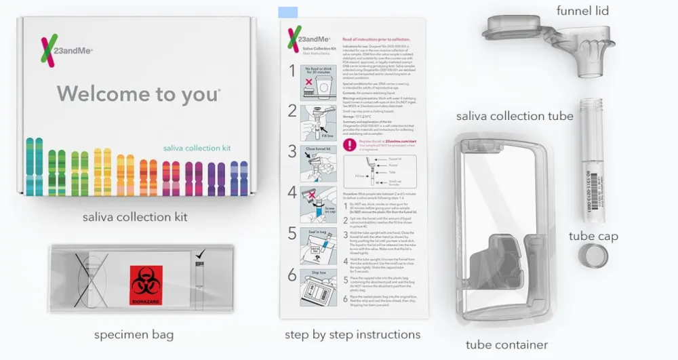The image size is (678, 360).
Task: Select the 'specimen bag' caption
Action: pyautogui.click(x=134, y=334)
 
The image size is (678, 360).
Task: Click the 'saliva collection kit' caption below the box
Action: pyautogui.click(x=135, y=217)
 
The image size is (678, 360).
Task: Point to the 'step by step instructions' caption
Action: pyautogui.click(x=353, y=334)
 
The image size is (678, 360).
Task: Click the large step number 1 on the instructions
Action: pyautogui.click(x=292, y=71)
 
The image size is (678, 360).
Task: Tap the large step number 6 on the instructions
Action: pyautogui.click(x=292, y=275)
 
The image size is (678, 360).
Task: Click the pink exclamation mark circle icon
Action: pyautogui.click(x=349, y=144)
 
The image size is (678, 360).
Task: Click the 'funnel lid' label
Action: pyautogui.click(x=582, y=10)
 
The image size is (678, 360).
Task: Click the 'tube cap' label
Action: pyautogui.click(x=593, y=236)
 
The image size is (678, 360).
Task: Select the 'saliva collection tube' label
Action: pyautogui.click(x=515, y=116)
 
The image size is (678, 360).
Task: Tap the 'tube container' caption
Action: pyautogui.click(x=506, y=344)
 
